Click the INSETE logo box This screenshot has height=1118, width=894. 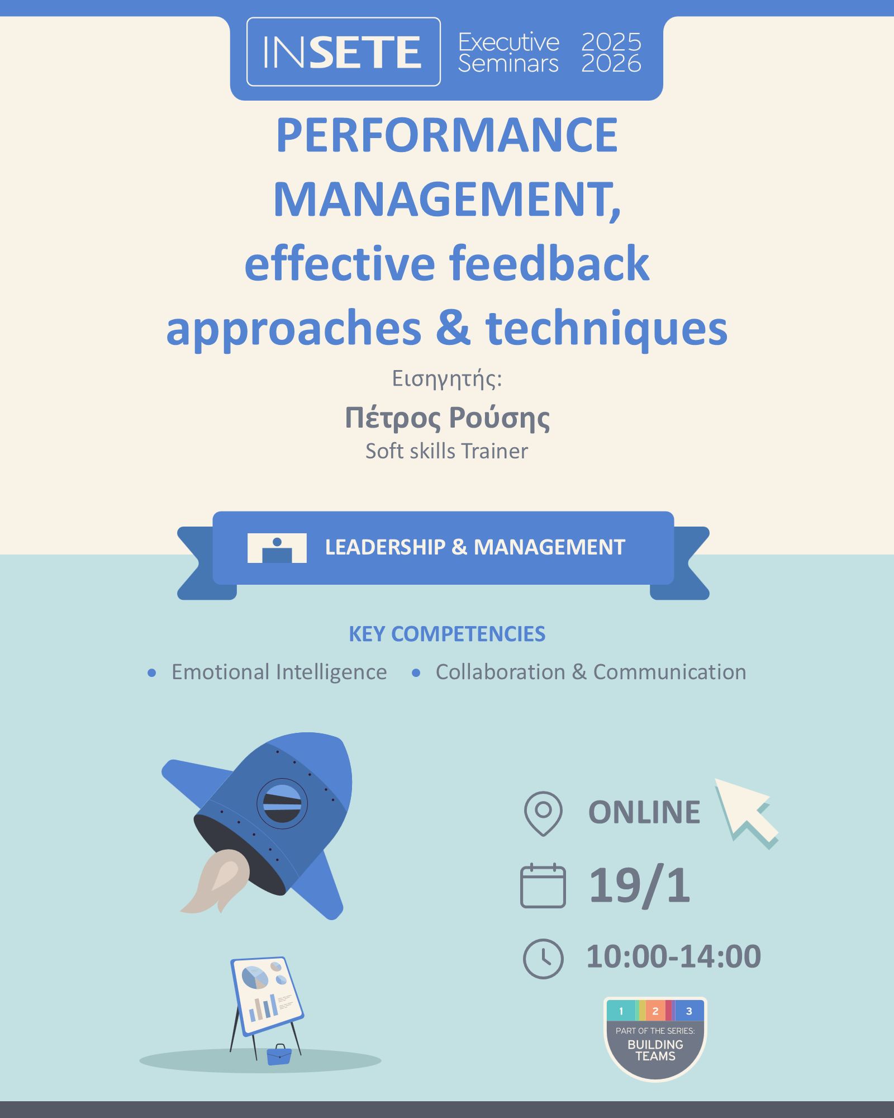(344, 51)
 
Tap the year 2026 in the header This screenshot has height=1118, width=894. (611, 64)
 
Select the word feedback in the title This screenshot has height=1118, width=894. (550, 263)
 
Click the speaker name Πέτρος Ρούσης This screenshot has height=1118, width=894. (447, 418)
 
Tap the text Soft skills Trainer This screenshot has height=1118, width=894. (447, 451)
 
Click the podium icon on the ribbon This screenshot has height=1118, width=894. (277, 548)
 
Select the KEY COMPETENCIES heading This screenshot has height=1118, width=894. (447, 634)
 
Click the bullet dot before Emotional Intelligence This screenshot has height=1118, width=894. (151, 673)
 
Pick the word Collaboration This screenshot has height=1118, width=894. (501, 672)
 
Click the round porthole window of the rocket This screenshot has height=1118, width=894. (282, 804)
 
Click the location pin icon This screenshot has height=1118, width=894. (543, 813)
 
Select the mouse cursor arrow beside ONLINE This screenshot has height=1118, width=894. (746, 811)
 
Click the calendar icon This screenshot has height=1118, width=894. (543, 885)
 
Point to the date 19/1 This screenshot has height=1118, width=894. (640, 885)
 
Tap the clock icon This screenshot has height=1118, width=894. (543, 959)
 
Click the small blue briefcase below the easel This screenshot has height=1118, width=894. (279, 1055)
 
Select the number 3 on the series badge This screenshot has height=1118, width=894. (689, 1011)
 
